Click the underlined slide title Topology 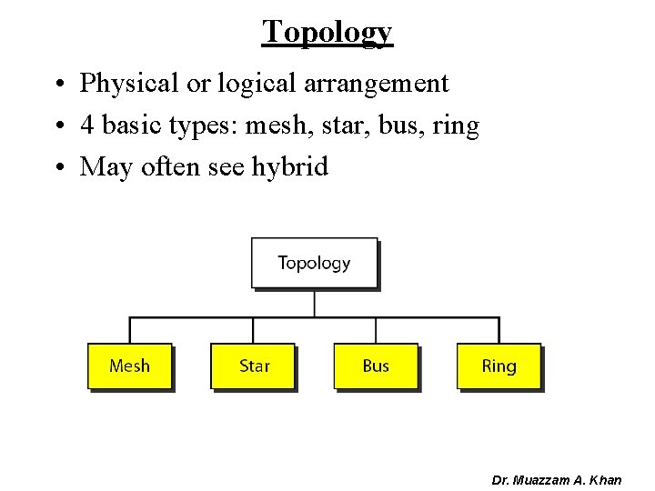point(327,31)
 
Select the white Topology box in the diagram point(314,263)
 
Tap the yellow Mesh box point(129,366)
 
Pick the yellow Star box point(254,366)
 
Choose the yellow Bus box point(376,366)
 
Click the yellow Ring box point(499,366)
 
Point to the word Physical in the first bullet point(128,84)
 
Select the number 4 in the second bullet point(87,125)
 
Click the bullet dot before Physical point(57,85)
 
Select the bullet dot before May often point(57,168)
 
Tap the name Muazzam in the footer point(549,479)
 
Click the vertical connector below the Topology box point(314,303)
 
